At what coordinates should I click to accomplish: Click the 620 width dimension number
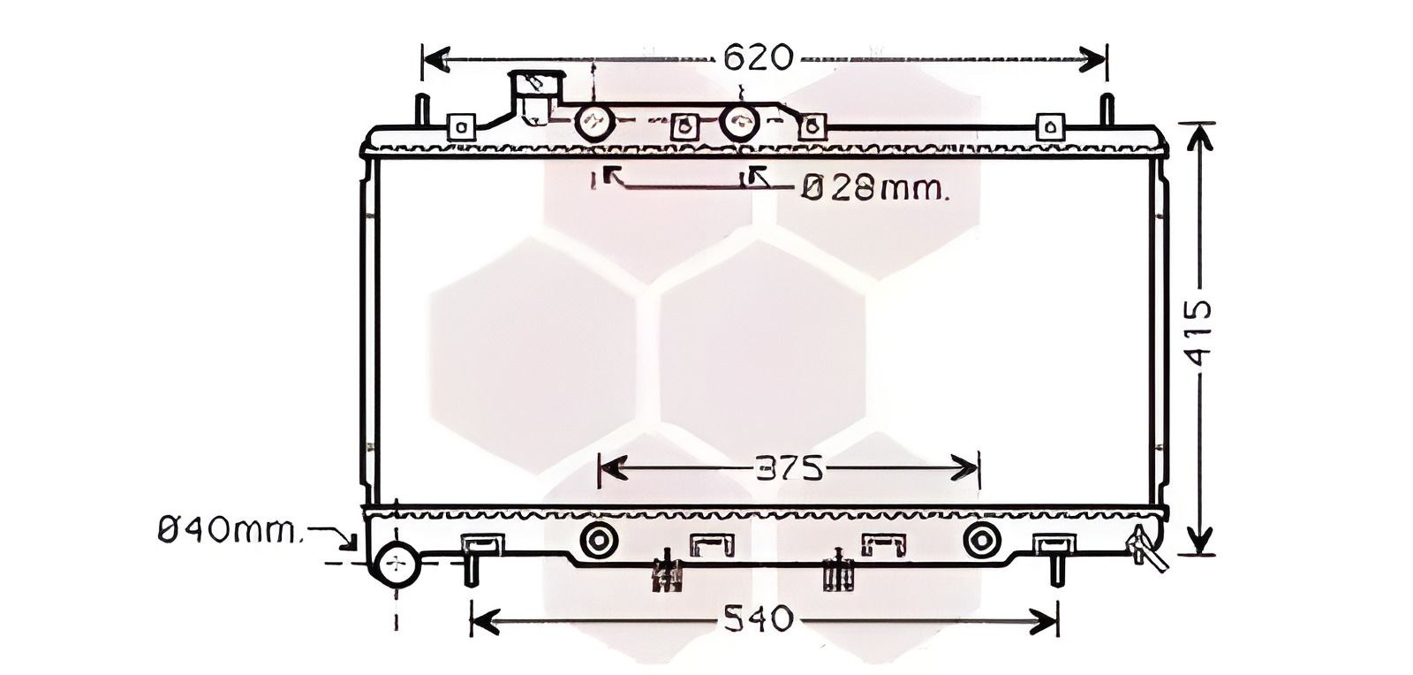(758, 58)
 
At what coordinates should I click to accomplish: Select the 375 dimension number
(790, 469)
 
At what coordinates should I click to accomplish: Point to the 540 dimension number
(758, 618)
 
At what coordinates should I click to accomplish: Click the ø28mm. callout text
(875, 188)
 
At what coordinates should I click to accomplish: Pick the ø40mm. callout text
(230, 529)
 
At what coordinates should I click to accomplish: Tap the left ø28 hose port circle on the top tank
(594, 123)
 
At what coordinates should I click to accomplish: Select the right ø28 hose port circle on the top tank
(740, 123)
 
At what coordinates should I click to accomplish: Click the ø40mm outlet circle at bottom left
(397, 564)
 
